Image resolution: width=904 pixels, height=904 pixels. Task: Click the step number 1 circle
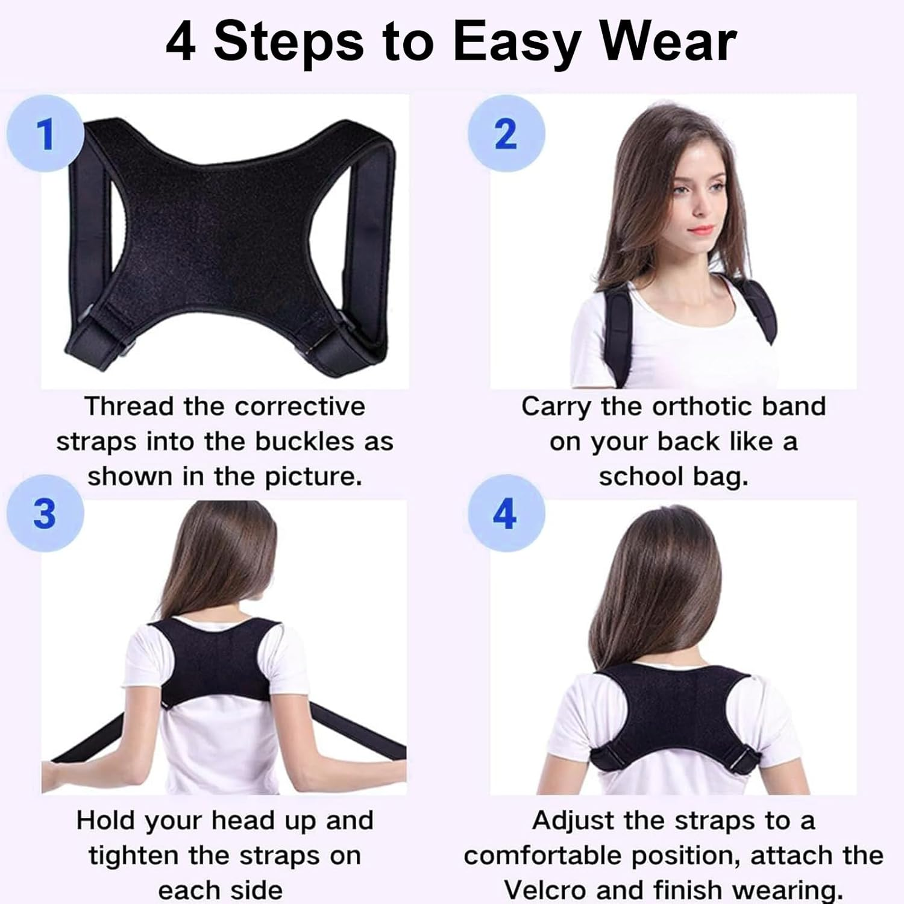(x=45, y=134)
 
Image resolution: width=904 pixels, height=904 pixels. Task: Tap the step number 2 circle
(x=506, y=134)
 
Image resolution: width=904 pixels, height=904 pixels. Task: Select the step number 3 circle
(x=45, y=514)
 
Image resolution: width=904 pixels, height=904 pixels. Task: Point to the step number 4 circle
(x=506, y=514)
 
